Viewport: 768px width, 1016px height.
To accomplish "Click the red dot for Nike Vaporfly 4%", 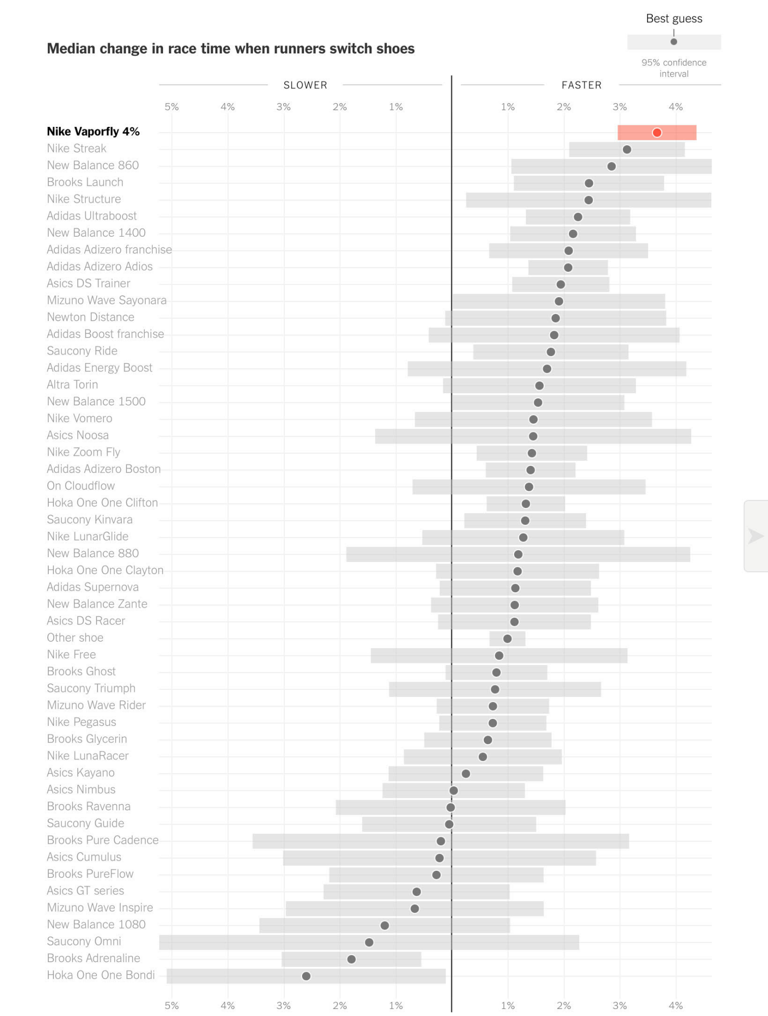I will click(x=657, y=133).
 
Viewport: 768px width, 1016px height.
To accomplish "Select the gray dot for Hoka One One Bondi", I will click(x=306, y=976).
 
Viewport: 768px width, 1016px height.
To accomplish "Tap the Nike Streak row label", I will click(x=77, y=148).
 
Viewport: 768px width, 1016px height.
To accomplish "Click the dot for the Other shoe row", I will click(x=507, y=639).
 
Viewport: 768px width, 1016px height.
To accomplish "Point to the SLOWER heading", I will click(x=305, y=85).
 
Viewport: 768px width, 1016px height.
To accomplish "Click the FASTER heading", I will click(x=581, y=85).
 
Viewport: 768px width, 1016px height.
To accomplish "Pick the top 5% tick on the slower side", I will click(x=172, y=107).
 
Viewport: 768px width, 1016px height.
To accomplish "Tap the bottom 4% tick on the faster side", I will click(x=676, y=1005).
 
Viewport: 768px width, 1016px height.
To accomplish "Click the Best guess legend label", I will click(x=674, y=19).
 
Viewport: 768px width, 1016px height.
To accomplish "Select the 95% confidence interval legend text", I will click(x=674, y=68).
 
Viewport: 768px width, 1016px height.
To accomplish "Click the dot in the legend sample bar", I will click(x=674, y=42).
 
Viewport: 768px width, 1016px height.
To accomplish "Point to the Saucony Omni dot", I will click(x=369, y=942).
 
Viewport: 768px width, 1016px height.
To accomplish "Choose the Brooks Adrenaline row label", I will click(x=93, y=958).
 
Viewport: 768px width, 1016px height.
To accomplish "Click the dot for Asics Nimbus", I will click(x=454, y=790).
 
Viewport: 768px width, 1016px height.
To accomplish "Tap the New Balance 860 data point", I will click(x=612, y=166).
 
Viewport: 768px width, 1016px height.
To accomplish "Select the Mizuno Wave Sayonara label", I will click(x=107, y=300).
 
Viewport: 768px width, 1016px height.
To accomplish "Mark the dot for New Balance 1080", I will click(x=385, y=926).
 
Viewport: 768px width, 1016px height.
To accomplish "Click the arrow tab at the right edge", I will click(x=756, y=536).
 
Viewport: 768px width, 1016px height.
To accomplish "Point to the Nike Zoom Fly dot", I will click(x=531, y=453).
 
